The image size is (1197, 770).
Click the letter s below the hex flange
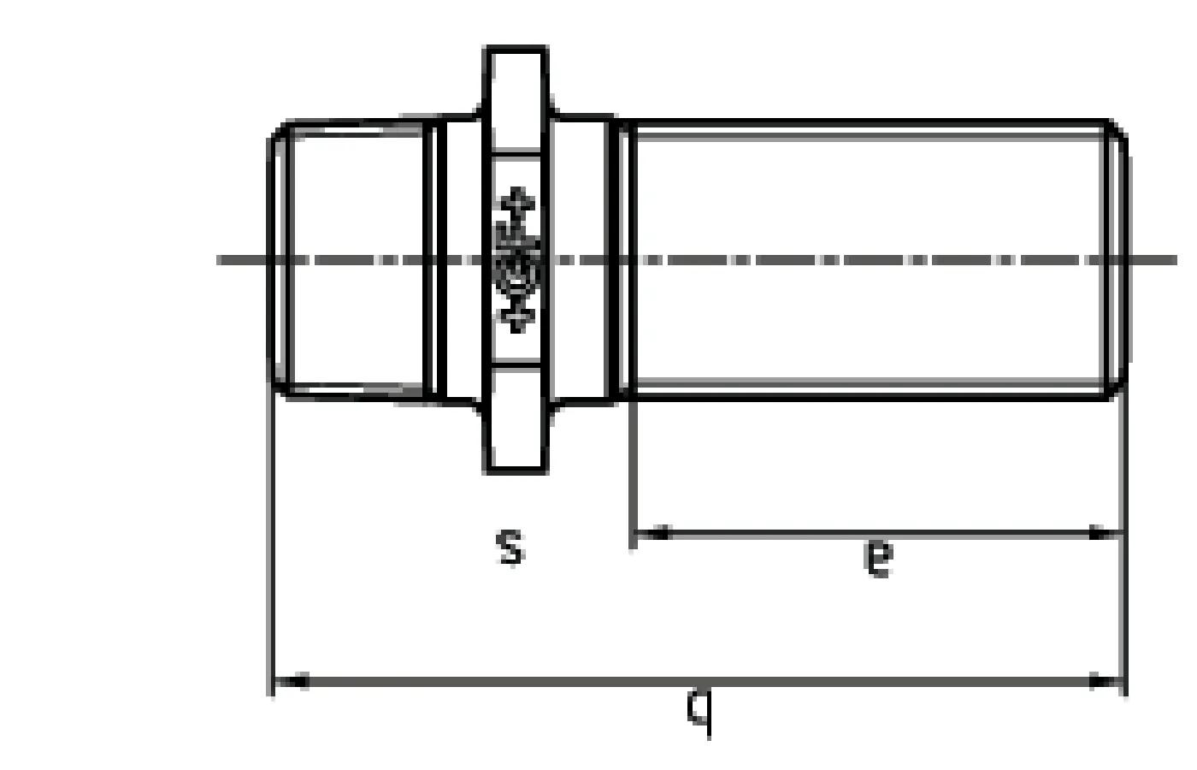pyautogui.click(x=510, y=547)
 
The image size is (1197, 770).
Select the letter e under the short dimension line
pyautogui.click(x=878, y=558)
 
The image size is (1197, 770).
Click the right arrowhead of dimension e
pyautogui.click(x=1104, y=534)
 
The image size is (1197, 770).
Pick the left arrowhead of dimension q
pyautogui.click(x=291, y=682)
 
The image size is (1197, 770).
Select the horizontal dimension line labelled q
pyautogui.click(x=598, y=682)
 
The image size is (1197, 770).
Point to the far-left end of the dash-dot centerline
pyautogui.click(x=221, y=259)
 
